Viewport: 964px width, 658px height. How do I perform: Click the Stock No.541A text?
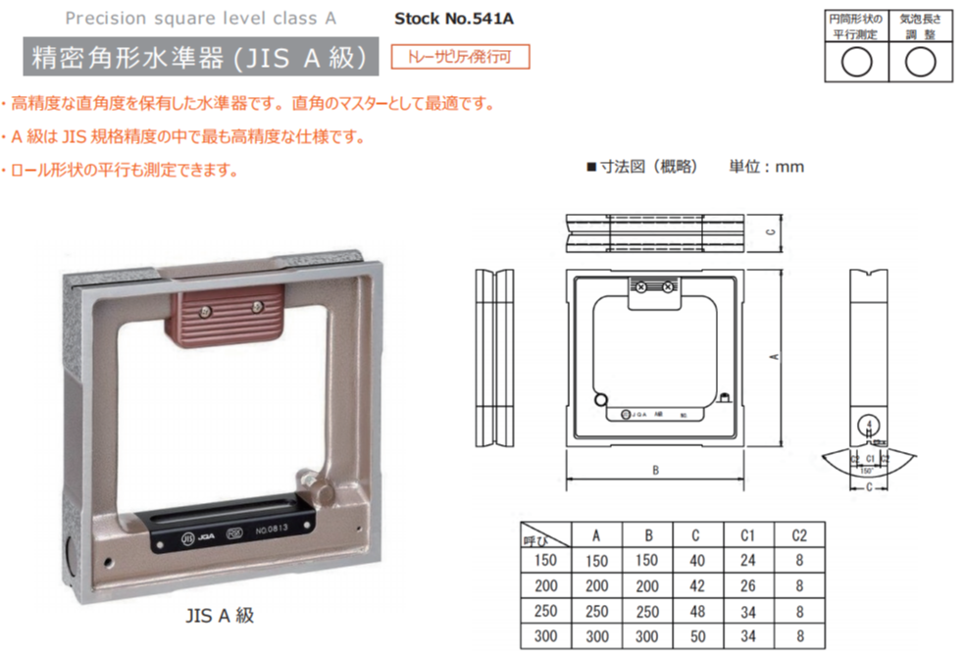pos(453,19)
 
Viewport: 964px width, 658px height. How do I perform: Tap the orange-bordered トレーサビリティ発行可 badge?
pos(459,57)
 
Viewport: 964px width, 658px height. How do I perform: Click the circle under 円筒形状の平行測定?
pos(857,62)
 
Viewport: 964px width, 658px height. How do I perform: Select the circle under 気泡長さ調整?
pos(919,62)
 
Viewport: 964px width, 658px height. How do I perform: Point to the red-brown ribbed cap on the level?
pos(227,315)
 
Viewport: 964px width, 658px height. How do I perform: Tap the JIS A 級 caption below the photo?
pos(220,616)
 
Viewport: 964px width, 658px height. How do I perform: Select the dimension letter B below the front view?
pos(654,470)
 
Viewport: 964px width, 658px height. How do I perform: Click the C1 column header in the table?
pos(747,535)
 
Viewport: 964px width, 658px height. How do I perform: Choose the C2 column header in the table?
pos(799,535)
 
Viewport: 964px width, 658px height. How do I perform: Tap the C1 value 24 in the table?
pos(747,560)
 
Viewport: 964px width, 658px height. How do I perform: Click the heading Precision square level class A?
pos(200,19)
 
